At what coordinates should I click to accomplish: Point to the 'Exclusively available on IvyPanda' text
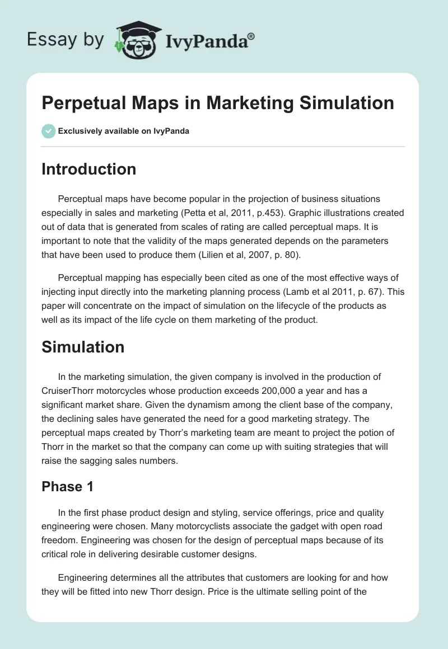coord(123,131)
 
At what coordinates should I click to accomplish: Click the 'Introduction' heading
coord(88,169)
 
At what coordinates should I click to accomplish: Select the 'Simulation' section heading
coord(83,347)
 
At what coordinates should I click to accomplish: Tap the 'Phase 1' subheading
coord(67,486)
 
